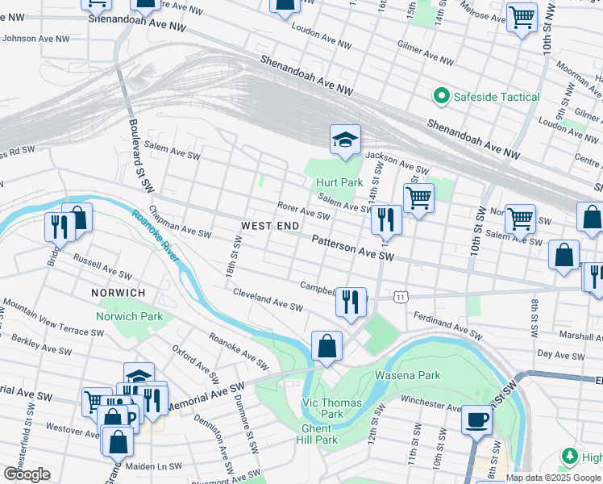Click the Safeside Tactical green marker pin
point(441,97)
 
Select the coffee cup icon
point(476,420)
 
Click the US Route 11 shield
point(401,298)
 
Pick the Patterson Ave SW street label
point(352,248)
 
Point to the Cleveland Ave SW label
point(268,301)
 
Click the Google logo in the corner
point(27,474)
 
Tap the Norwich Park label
point(129,316)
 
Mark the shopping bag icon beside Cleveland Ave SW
point(326,346)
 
